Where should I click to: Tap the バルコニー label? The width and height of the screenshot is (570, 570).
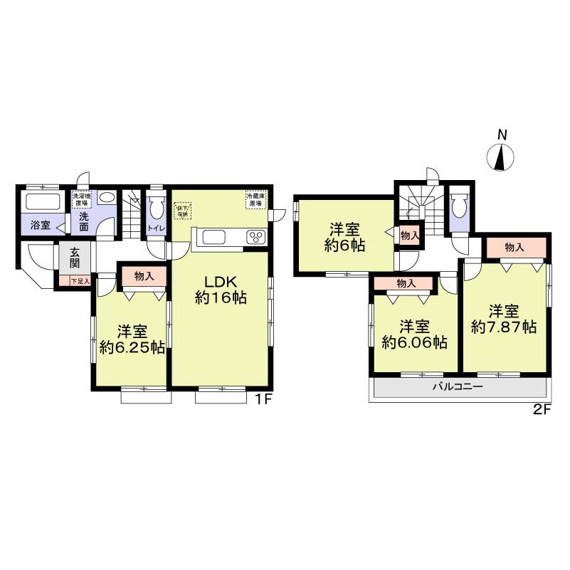459,387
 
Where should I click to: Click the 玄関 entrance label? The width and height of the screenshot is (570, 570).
75,257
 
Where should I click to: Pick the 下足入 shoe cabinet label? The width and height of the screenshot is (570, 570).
80,282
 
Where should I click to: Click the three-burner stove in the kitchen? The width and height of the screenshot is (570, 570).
255,237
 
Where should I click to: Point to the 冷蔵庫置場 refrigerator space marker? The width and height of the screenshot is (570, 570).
255,199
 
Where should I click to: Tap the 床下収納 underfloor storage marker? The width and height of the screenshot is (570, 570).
183,210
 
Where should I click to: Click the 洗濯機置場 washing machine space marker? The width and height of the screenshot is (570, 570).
81,199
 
